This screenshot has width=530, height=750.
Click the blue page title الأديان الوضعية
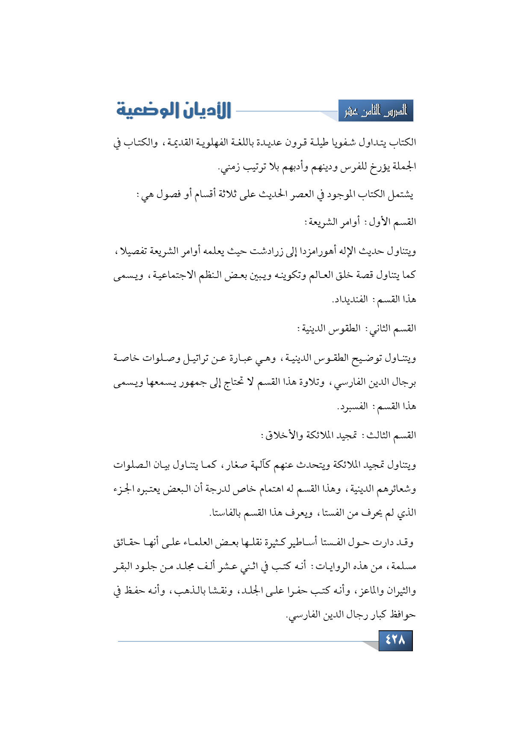point(174,110)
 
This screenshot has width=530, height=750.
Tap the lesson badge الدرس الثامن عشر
point(376,111)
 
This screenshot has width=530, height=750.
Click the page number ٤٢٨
point(395,640)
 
